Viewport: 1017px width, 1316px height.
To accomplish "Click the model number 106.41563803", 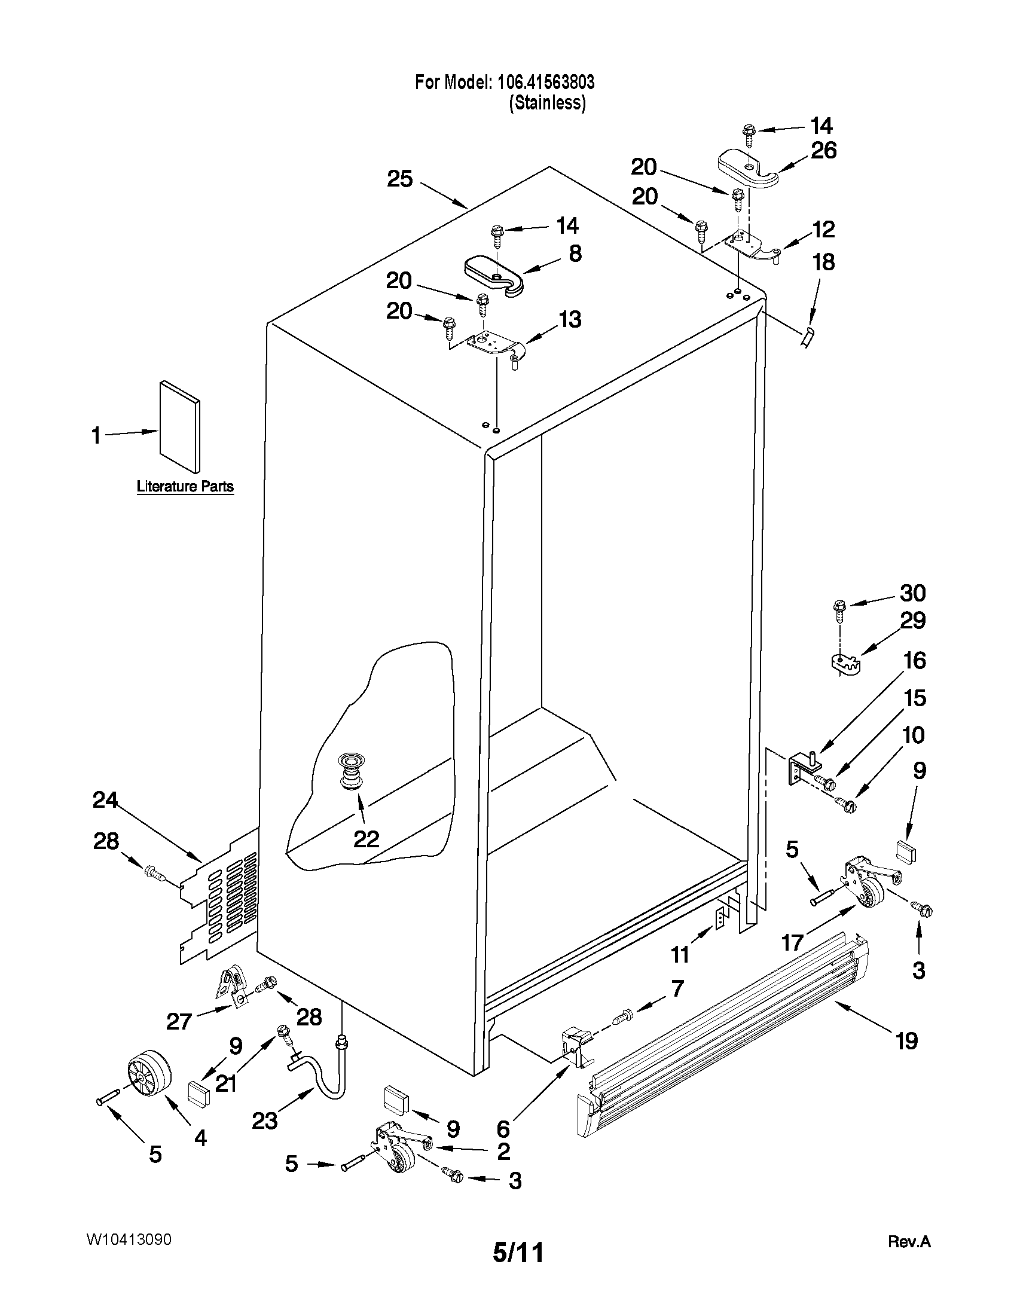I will (545, 82).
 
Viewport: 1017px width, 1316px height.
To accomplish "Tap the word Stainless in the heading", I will (547, 103).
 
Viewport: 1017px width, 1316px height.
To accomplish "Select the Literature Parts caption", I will (185, 486).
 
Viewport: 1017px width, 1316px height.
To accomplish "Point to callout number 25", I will (399, 179).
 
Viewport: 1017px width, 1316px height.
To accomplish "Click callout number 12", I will (824, 229).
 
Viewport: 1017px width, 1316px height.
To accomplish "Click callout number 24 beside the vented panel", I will (105, 799).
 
